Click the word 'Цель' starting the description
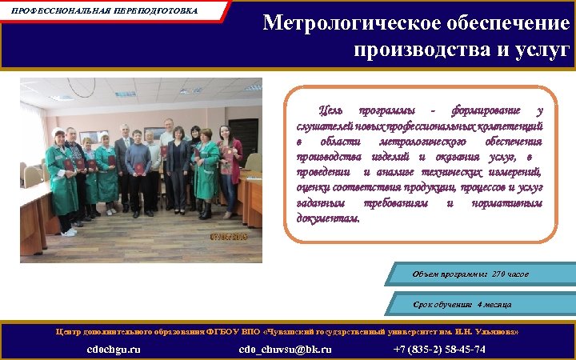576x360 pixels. (x=330, y=110)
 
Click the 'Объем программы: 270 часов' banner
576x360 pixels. (x=470, y=274)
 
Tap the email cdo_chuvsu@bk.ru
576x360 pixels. (x=285, y=349)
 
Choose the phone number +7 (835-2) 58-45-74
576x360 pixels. (x=439, y=349)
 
